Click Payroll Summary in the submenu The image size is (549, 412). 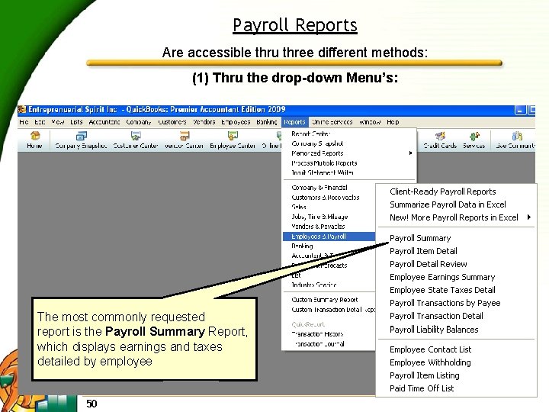pos(420,238)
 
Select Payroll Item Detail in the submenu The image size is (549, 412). pos(423,251)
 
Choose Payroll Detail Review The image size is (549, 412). pos(428,264)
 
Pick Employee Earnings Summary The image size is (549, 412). pos(442,277)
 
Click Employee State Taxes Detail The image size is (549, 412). pos(442,290)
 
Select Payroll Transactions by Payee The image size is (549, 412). pos(445,303)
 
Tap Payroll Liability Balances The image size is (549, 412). pos(434,330)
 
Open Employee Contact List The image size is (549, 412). pos(430,349)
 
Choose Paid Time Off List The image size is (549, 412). pos(422,388)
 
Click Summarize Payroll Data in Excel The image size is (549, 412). pos(448,204)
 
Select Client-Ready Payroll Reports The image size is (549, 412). pos(442,192)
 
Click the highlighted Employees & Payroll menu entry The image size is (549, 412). pos(318,237)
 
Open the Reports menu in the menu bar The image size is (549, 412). pos(294,122)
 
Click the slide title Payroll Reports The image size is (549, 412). pos(295,25)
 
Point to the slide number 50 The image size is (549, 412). pos(91,403)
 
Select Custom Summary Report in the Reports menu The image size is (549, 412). pos(324,300)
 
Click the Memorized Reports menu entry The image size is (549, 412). pos(317,153)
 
